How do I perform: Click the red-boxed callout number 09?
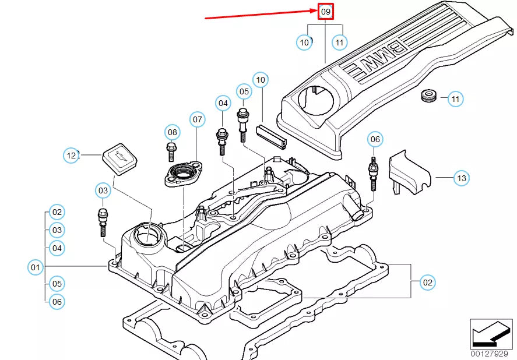[x=325, y=12]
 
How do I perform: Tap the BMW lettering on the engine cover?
[x=376, y=58]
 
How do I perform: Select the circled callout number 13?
[x=460, y=178]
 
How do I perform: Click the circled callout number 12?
[x=71, y=156]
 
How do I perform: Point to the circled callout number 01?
[x=36, y=267]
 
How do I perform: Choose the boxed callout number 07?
[x=197, y=120]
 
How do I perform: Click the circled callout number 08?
[x=172, y=132]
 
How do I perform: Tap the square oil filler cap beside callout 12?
[x=119, y=160]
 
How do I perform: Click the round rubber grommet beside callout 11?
[x=428, y=96]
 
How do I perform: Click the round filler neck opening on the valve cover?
[x=147, y=236]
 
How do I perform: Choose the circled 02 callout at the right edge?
[x=428, y=283]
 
